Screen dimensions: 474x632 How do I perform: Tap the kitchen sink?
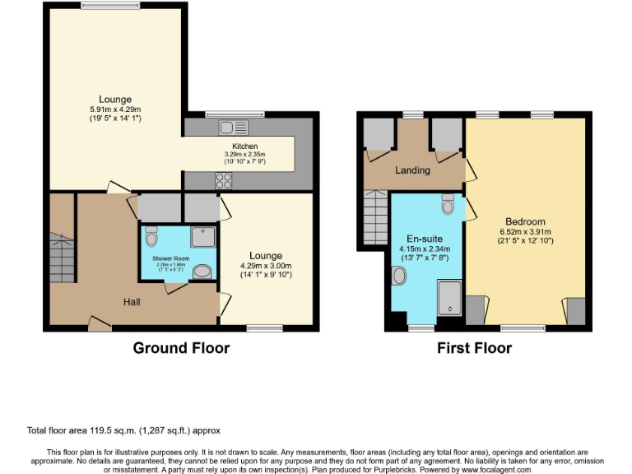tap(233, 128)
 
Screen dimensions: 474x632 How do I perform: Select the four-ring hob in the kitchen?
tap(224, 181)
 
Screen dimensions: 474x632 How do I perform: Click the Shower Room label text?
tap(170, 258)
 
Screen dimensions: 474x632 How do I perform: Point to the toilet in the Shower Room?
tap(151, 238)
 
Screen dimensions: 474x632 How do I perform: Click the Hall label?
tap(132, 302)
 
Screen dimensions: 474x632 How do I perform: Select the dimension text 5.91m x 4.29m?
tap(115, 109)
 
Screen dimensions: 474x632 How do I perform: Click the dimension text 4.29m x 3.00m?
tap(266, 266)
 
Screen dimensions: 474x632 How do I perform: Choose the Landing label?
tap(412, 170)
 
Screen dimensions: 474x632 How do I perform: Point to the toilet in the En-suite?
tap(447, 203)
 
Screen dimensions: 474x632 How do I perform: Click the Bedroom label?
tap(525, 221)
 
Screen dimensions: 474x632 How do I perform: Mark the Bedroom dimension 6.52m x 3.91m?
tap(525, 231)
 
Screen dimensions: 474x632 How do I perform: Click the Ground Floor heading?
tap(181, 348)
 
